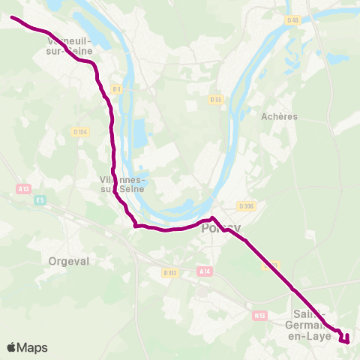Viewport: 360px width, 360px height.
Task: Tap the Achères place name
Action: tap(279, 116)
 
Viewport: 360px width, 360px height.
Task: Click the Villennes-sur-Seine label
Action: tap(124, 184)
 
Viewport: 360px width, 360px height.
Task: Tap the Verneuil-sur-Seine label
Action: tap(70, 46)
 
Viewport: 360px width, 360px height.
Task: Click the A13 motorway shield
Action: tap(25, 189)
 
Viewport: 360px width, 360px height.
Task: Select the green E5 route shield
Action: tap(40, 199)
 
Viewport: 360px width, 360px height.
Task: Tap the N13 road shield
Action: tap(259, 316)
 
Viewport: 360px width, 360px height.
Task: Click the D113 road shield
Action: tap(169, 273)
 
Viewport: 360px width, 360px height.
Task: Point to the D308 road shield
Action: tap(245, 205)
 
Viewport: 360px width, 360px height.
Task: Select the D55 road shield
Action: tap(216, 99)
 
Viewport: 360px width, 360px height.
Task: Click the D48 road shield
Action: tap(292, 20)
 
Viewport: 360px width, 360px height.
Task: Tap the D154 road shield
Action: tap(80, 131)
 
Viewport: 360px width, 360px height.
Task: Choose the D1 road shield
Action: tap(116, 88)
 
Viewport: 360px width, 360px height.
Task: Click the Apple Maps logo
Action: tap(27, 347)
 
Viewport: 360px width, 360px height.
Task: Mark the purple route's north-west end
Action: tap(12, 16)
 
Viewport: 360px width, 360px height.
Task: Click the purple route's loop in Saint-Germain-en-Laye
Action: tap(346, 337)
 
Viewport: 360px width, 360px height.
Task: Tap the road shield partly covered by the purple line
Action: tap(271, 265)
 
